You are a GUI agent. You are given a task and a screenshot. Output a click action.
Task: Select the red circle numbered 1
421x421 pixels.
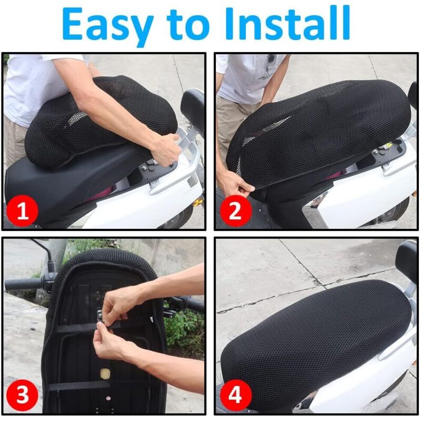point(22,211)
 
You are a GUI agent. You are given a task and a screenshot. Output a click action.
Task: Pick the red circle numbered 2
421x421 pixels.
point(235,211)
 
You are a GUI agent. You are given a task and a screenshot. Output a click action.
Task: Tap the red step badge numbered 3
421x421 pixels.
point(22,395)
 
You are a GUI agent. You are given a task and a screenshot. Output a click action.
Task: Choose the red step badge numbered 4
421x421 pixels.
point(235,395)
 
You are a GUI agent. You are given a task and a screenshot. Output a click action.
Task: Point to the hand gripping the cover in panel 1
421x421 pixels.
point(166,149)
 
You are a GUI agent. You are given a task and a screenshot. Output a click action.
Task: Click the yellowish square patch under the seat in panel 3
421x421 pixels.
point(106,374)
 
